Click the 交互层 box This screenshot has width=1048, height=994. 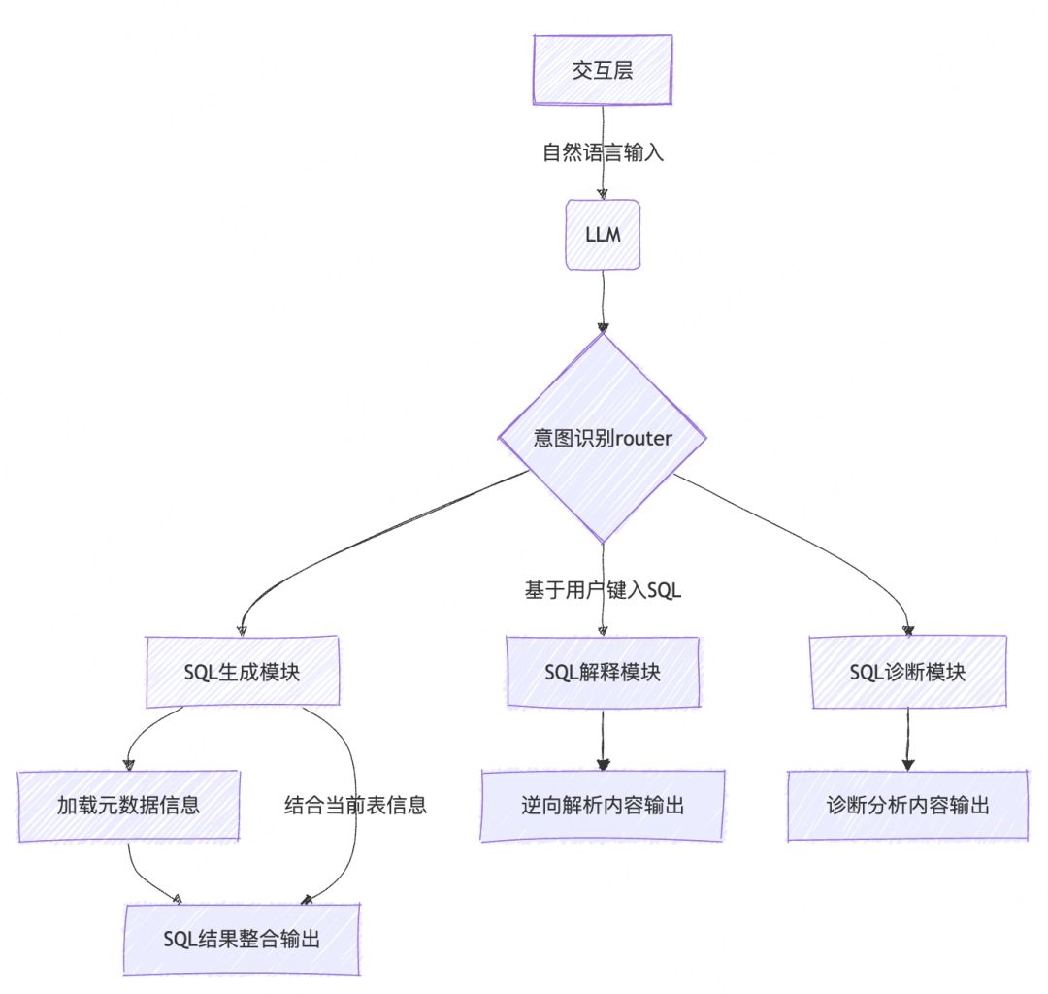pos(603,70)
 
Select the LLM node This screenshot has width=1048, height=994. pos(603,235)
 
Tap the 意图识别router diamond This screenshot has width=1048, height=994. pos(603,438)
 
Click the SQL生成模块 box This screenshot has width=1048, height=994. pos(242,672)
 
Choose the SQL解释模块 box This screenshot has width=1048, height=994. pos(603,672)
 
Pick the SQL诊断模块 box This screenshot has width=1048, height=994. pos(908,672)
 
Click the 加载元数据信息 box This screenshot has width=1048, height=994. pos(128,805)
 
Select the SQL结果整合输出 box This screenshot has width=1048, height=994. pos(242,939)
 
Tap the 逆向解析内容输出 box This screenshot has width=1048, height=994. pos(603,805)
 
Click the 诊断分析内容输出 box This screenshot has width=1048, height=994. pos(908,805)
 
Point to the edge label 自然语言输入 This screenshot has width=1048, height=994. pos(603,152)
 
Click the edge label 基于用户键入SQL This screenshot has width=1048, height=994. pos(603,590)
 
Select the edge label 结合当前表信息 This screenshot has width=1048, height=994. pos(355,805)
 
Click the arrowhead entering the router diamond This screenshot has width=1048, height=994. pos(603,327)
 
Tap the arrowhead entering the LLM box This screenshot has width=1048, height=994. pos(603,193)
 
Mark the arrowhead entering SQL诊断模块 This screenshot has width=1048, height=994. pos(908,630)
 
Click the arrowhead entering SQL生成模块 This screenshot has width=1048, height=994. pos(242,630)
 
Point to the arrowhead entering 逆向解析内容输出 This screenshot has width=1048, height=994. pos(603,764)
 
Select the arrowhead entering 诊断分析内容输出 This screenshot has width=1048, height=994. pos(908,764)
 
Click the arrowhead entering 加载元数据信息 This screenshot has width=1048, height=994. pos(128,764)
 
